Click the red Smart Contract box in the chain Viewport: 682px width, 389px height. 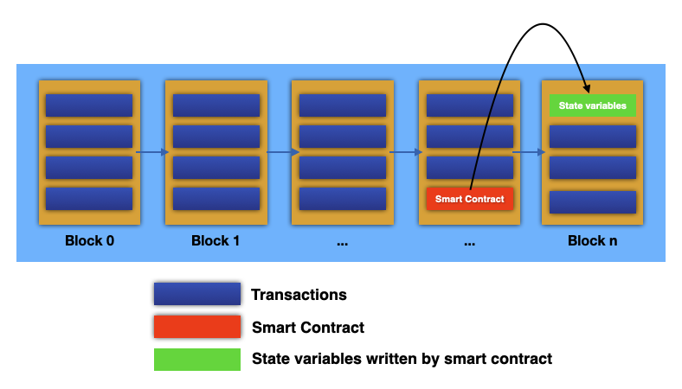(470, 199)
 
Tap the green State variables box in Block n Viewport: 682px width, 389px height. (593, 105)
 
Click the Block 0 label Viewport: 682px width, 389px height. (89, 240)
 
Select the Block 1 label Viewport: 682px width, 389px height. (216, 240)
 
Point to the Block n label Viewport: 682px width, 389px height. (592, 240)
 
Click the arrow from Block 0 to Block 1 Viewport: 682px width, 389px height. (152, 153)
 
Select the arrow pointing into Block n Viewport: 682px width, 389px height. (531, 153)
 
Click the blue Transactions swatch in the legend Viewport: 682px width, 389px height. (196, 294)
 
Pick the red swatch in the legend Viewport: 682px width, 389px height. (196, 327)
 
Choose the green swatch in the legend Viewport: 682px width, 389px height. (196, 359)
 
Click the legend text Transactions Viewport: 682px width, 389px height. (299, 295)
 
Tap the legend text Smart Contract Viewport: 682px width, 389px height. (307, 328)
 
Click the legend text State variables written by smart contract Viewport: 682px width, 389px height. (402, 359)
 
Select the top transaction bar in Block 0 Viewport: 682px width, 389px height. (89, 105)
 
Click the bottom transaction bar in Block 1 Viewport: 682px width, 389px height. (216, 199)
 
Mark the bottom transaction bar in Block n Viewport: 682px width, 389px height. (593, 202)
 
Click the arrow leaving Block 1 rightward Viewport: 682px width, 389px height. (280, 153)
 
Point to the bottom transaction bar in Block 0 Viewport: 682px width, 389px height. (89, 199)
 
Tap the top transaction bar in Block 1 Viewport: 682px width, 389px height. (216, 105)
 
